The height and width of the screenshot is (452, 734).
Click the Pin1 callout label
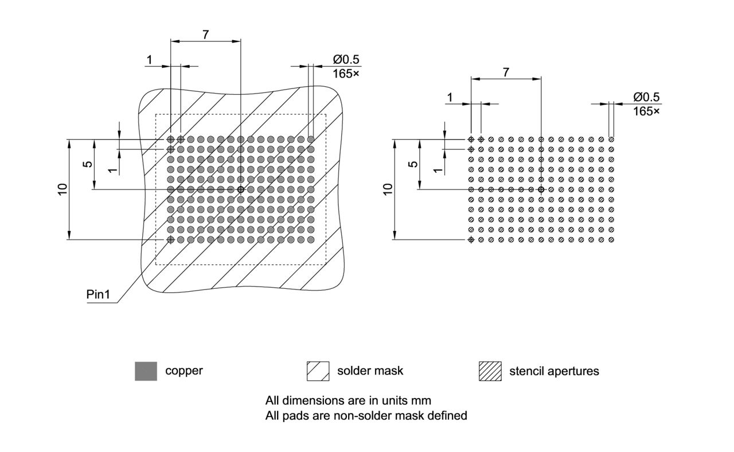98,295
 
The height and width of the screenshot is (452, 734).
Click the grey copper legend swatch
146,371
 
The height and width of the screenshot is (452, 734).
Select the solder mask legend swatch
318,371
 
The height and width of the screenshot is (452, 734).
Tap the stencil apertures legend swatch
490,371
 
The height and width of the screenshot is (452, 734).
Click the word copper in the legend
183,370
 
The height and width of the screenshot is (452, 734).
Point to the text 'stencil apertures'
554,371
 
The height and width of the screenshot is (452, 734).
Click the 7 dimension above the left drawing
205,34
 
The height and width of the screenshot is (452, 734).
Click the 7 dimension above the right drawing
505,72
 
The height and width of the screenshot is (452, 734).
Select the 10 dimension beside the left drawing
63,189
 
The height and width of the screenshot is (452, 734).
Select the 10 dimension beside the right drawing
388,189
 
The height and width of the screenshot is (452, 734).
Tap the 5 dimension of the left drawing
87,164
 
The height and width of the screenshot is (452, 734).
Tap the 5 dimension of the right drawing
412,164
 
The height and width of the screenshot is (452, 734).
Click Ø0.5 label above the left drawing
346,60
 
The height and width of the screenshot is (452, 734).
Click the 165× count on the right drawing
646,111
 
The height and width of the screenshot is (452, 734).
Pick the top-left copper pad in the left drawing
170,140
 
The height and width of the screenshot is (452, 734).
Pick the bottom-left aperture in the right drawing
471,239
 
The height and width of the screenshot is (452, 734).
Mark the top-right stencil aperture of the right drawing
611,140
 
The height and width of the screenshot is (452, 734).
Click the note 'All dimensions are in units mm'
348,400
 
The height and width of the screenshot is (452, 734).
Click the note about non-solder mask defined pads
366,415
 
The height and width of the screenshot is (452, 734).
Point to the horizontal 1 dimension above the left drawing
150,60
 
